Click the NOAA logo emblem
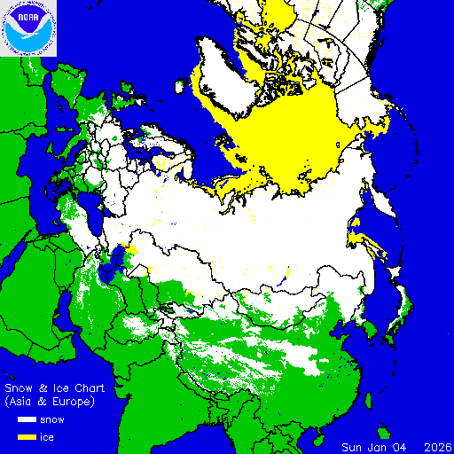click(29, 28)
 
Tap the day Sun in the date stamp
click(353, 446)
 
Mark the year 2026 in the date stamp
click(438, 446)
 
